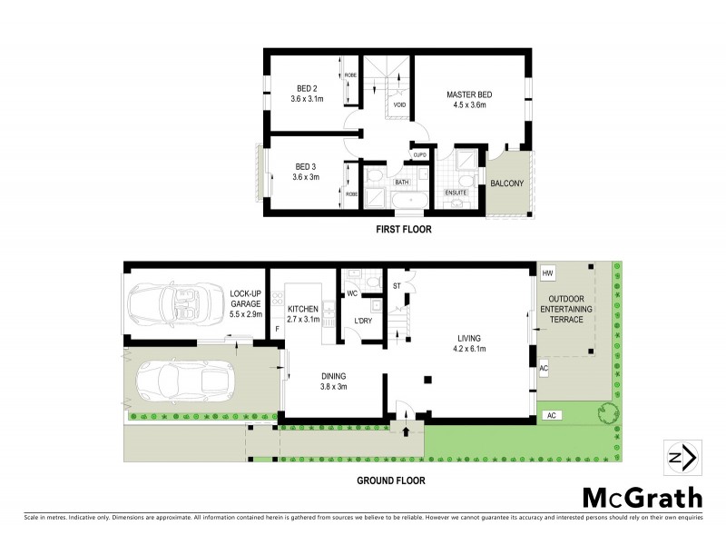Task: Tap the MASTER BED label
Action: (x=466, y=94)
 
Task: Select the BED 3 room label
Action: (x=304, y=166)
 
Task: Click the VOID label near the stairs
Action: (x=399, y=105)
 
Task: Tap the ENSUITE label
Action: (x=455, y=193)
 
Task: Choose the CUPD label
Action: (x=420, y=155)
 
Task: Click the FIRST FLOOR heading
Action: (x=404, y=231)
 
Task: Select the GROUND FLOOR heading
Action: (x=390, y=481)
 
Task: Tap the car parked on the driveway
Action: (x=185, y=379)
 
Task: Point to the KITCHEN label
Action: (x=302, y=310)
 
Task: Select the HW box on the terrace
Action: (x=547, y=273)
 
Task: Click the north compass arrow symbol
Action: (x=681, y=457)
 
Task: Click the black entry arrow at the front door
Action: (x=406, y=418)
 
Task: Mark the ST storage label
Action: (x=397, y=287)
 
